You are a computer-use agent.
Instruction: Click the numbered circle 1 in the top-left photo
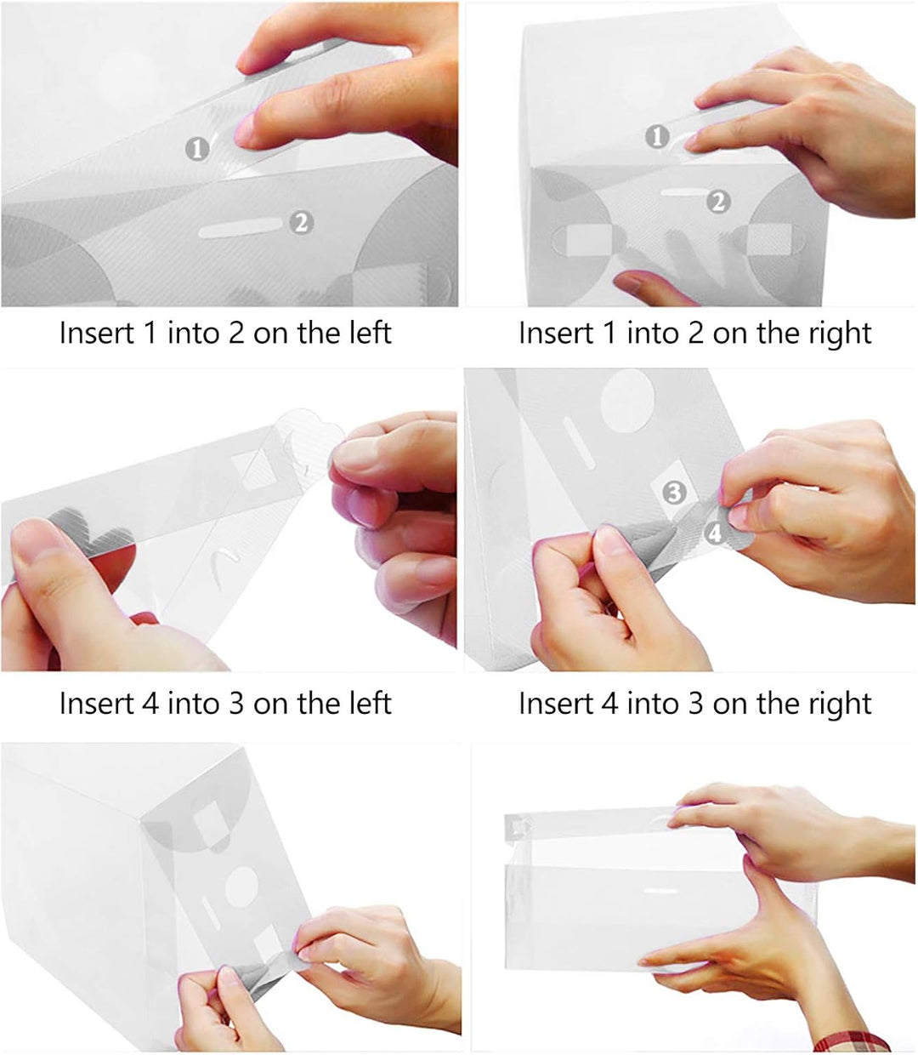click(197, 149)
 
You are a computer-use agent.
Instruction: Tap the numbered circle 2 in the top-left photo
click(302, 223)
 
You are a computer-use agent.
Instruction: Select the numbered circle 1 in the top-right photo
click(657, 137)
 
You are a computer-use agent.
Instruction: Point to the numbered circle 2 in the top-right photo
click(718, 201)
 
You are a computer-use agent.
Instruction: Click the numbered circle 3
click(674, 493)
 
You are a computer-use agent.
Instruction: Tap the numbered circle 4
click(716, 533)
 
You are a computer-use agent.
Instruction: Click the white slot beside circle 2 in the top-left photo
click(241, 228)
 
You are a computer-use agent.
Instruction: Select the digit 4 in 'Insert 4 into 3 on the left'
click(150, 704)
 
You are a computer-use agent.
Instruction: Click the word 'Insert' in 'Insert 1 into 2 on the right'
click(556, 334)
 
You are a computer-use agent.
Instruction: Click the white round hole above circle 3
click(627, 402)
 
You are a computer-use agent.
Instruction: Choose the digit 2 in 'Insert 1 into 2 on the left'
click(236, 333)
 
